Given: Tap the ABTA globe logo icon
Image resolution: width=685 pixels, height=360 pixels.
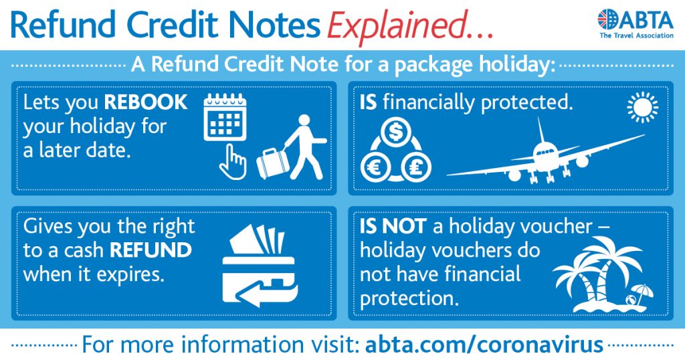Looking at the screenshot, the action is tap(608, 19).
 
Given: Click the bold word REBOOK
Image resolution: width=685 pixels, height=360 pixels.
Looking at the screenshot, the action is tap(146, 102).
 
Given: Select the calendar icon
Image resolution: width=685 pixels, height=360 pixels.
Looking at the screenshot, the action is tap(225, 117).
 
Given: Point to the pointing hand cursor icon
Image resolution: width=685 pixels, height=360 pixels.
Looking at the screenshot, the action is tap(232, 162).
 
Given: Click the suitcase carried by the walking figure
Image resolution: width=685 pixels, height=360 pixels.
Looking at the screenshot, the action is tap(273, 163).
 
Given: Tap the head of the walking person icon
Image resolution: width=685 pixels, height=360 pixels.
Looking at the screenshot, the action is tap(304, 120).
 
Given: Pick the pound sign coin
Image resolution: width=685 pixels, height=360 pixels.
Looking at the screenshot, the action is tap(415, 167).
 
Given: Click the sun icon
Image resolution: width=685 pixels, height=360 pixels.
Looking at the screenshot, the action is tap(642, 107).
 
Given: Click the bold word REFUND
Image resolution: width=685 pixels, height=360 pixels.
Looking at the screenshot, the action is tap(151, 250).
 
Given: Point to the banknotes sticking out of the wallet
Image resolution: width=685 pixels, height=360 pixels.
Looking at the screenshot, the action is tap(258, 240).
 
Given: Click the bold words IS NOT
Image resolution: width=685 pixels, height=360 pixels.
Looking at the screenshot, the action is tap(393, 226).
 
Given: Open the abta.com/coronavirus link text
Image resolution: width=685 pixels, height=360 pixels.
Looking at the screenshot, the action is tap(484, 344).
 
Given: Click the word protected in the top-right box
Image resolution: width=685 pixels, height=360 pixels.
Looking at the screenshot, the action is tap(526, 103).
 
